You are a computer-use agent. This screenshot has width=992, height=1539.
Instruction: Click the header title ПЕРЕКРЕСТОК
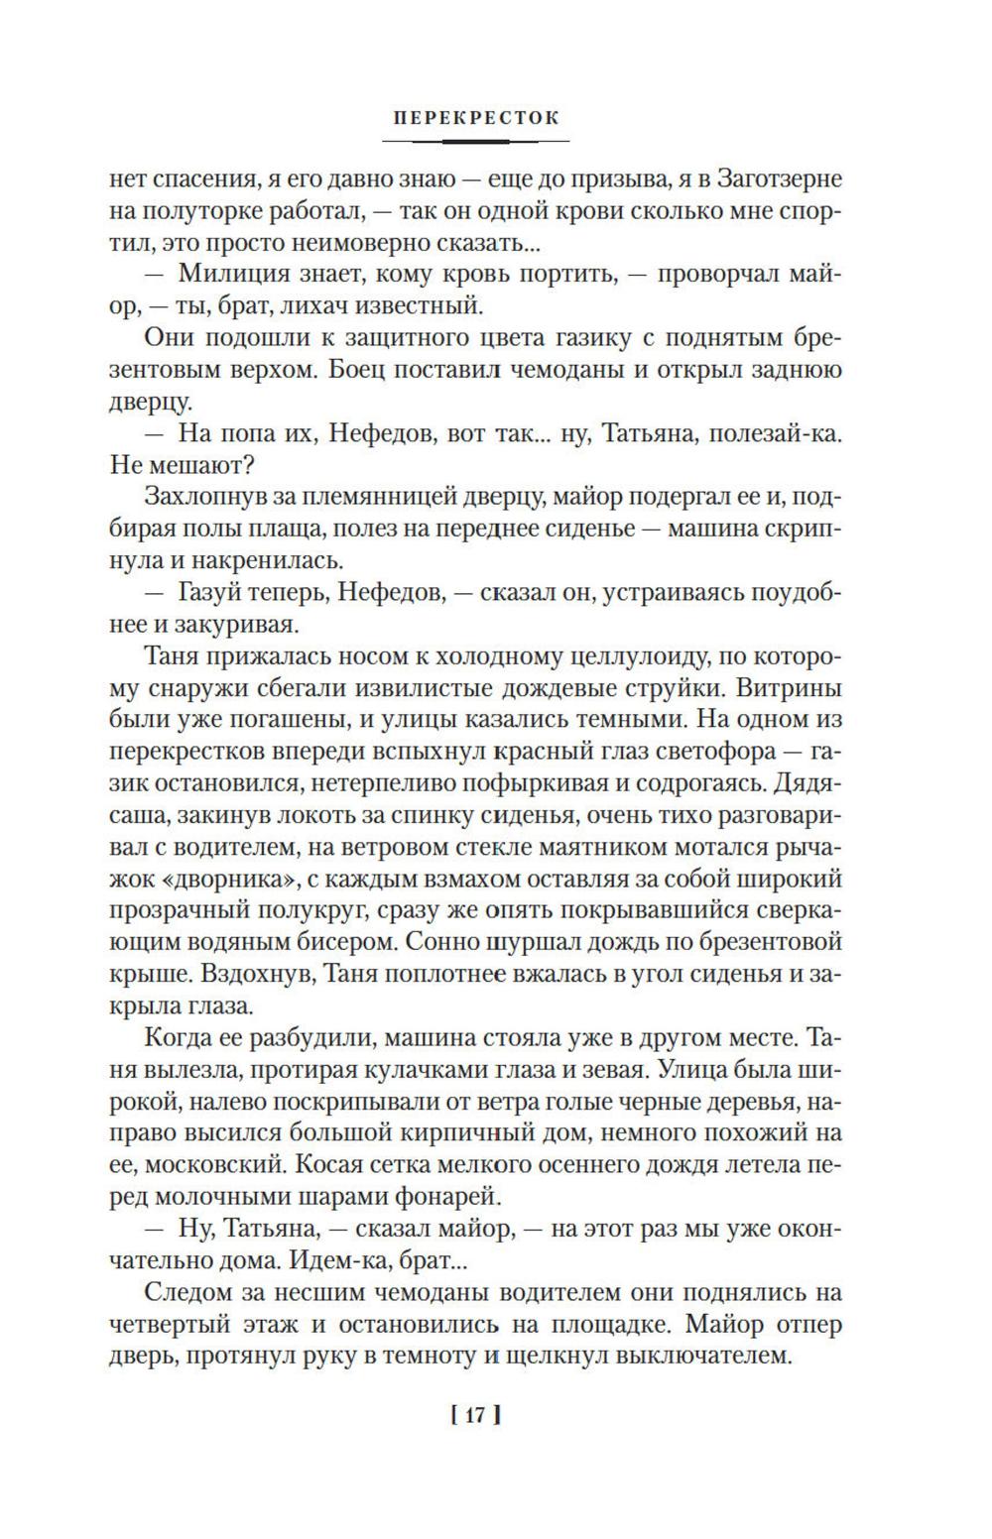pyautogui.click(x=476, y=118)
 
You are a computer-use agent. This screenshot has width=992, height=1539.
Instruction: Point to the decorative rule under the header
pyautogui.click(x=476, y=141)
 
